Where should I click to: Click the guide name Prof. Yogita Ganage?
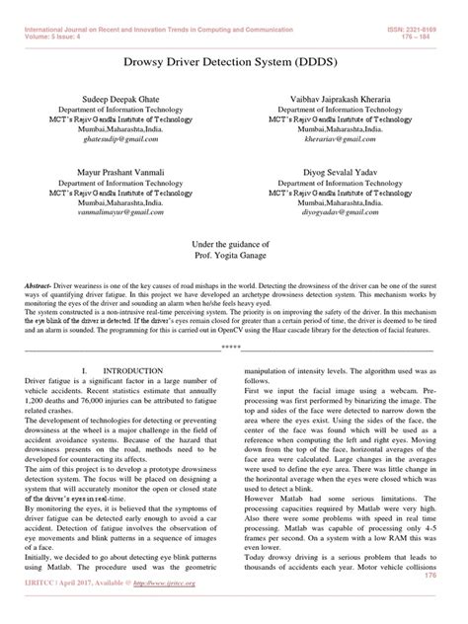pyautogui.click(x=233, y=255)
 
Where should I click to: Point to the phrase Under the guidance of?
pyautogui.click(x=233, y=242)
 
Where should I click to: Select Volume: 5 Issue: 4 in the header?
pyautogui.click(x=59, y=16)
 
